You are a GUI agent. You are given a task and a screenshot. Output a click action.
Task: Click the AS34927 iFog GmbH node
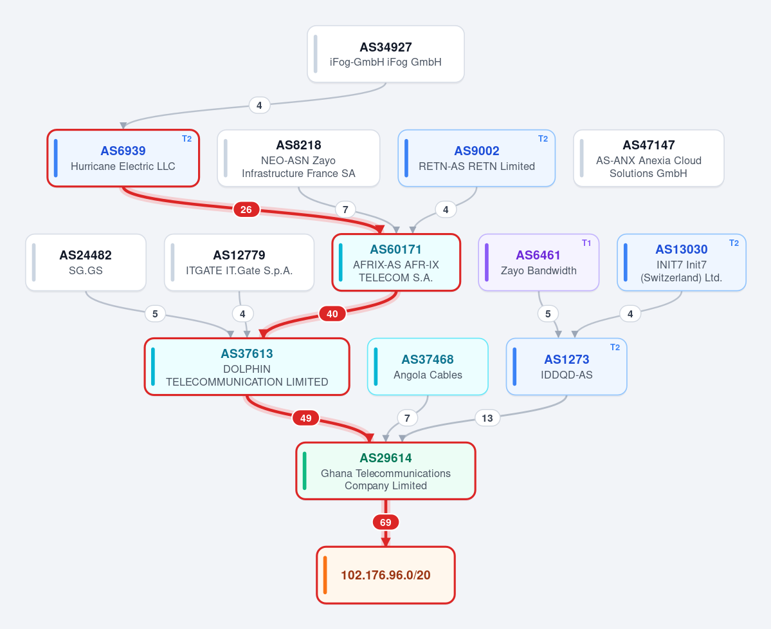click(386, 54)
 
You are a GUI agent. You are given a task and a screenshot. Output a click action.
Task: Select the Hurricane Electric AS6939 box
click(123, 158)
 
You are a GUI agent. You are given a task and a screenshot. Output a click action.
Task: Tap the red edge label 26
click(246, 210)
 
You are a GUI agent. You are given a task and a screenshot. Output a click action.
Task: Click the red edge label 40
click(332, 314)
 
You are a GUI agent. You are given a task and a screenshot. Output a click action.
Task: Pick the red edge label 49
click(306, 418)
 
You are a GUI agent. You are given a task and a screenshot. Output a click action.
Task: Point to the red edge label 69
click(386, 523)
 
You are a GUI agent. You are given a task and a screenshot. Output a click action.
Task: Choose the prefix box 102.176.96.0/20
click(386, 575)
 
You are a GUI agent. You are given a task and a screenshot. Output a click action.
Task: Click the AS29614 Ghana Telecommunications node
click(386, 471)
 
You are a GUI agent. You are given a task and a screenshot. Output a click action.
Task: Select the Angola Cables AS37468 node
click(428, 367)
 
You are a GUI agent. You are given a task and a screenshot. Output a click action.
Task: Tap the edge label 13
click(487, 418)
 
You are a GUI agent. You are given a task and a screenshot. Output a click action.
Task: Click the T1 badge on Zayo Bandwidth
click(586, 243)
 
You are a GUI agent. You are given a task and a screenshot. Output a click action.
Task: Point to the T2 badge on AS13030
click(734, 243)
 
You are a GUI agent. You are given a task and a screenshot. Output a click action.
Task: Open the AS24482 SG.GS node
click(86, 262)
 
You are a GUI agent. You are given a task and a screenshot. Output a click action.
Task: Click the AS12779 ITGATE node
click(239, 262)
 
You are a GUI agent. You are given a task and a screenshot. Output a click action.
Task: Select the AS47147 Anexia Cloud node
click(649, 158)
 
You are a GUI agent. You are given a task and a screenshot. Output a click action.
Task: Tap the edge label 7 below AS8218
click(345, 210)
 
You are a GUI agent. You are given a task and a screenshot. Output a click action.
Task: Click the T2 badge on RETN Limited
click(543, 139)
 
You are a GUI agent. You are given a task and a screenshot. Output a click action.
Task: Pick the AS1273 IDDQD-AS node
click(567, 367)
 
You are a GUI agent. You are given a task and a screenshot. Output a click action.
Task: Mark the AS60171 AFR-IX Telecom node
click(396, 262)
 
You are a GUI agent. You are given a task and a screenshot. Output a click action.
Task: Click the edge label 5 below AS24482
click(155, 314)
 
